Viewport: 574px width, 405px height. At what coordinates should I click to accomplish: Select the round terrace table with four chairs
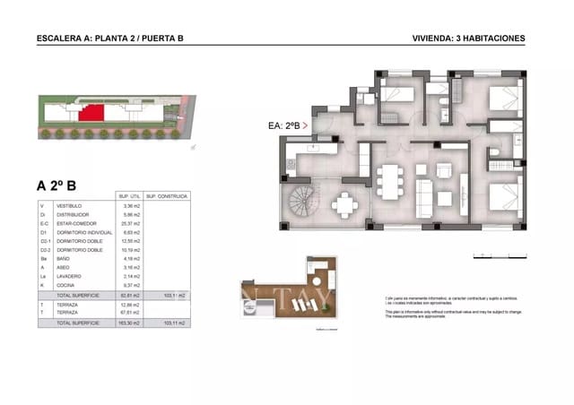coord(344,204)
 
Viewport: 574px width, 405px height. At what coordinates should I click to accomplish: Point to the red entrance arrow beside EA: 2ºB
coord(306,126)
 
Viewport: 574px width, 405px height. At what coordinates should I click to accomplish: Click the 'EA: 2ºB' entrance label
coord(283,126)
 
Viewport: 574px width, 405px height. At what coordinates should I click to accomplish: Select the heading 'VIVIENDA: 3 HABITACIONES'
coord(468,39)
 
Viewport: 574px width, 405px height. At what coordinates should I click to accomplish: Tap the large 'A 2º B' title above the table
coord(57,186)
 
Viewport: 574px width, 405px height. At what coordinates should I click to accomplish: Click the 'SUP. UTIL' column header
coord(129,196)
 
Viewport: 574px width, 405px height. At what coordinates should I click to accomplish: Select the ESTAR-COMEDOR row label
coord(74,225)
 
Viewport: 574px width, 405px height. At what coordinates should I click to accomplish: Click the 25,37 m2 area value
coord(131,225)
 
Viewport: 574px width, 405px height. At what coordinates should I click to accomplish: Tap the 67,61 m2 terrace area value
coord(131,313)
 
